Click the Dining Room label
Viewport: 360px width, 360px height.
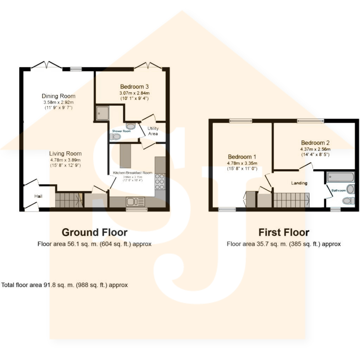(58, 96)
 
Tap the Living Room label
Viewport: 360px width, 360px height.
(65, 154)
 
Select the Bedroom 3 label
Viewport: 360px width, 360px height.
(134, 87)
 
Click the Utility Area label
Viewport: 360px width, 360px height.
(153, 131)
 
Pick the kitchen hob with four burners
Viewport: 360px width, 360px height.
(160, 181)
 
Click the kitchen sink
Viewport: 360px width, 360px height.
(135, 202)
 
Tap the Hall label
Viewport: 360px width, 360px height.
(38, 196)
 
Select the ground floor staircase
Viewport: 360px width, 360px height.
(68, 200)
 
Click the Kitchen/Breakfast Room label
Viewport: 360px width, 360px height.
(133, 173)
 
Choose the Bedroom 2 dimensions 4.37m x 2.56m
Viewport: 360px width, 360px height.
(315, 149)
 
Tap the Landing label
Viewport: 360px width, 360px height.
(299, 183)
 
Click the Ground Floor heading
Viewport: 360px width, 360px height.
(95, 232)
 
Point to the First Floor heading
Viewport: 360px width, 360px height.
(284, 232)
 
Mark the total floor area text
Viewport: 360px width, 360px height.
(65, 285)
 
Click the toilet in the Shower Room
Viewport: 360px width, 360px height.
(115, 137)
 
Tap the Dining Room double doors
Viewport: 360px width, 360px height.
(46, 65)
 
